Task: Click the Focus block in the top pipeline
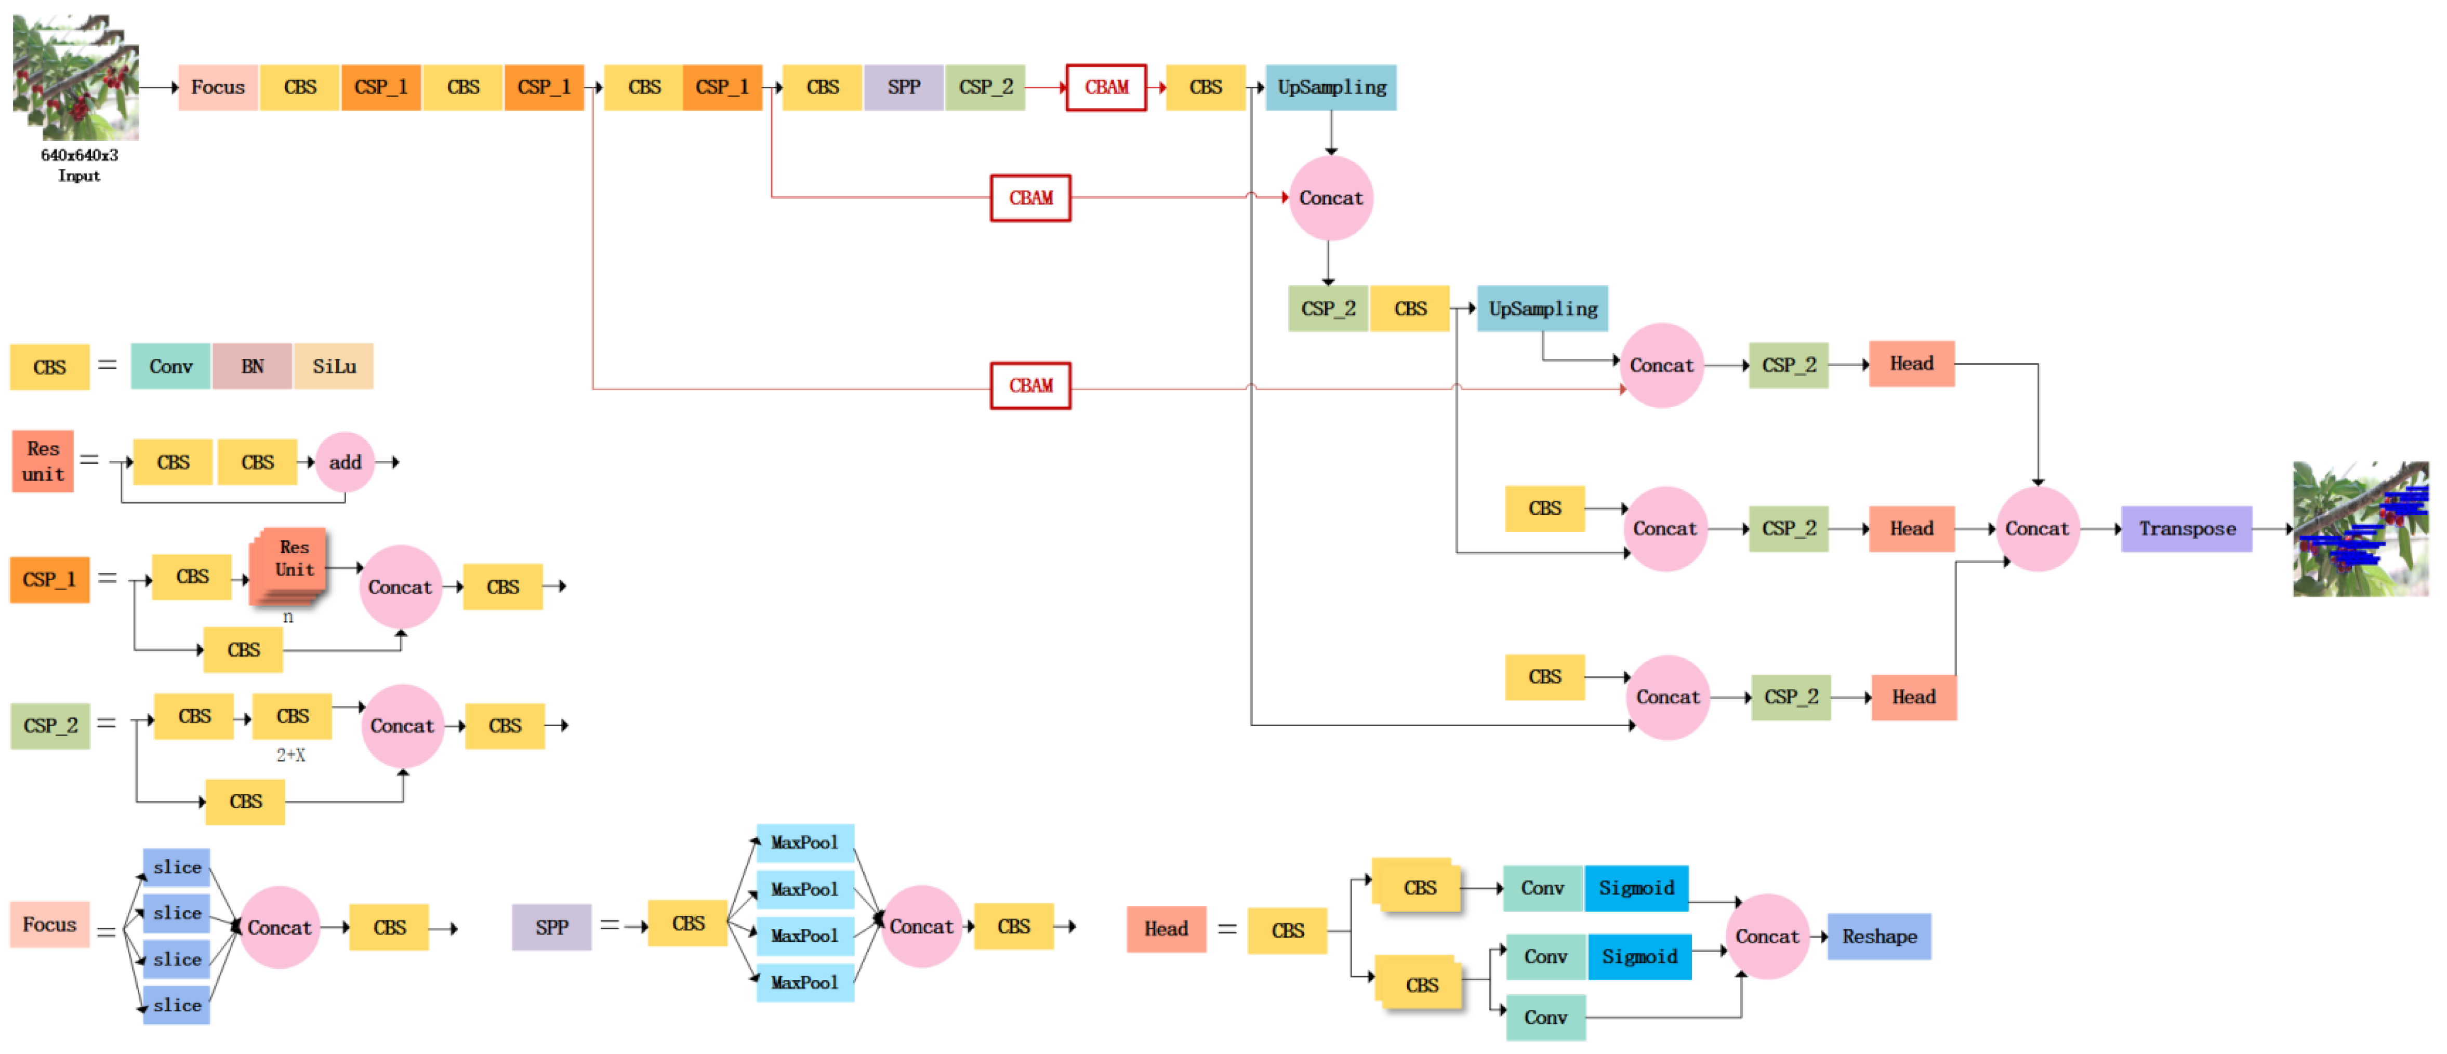(218, 87)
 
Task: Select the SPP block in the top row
(903, 87)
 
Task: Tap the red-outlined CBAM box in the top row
(1106, 87)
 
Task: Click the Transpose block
(2186, 529)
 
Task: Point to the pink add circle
(345, 462)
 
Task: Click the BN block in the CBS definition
(252, 367)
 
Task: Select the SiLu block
(334, 367)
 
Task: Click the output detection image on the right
(2360, 529)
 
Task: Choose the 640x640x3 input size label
(79, 155)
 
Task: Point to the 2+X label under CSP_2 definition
(290, 755)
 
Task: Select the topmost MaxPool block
(804, 842)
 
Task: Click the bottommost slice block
(177, 1005)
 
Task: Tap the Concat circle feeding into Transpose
(2036, 529)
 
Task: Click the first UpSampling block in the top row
(1331, 87)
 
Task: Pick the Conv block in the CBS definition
(171, 367)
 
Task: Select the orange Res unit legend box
(43, 461)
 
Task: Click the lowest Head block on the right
(1913, 697)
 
